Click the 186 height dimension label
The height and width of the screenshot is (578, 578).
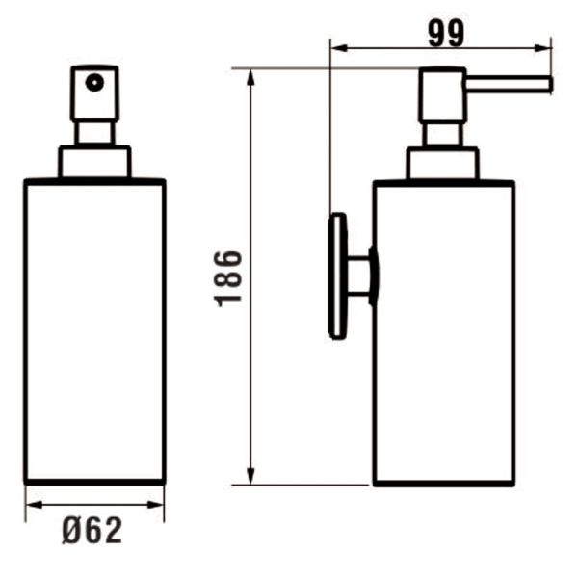coord(228,277)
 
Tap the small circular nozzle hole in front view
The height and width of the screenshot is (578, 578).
coord(93,83)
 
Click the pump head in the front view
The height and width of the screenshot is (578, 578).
coord(94,92)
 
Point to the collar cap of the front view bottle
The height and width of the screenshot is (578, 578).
coord(94,163)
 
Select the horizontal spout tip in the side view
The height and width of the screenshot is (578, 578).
coord(545,85)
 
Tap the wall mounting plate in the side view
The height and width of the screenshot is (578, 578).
coord(337,276)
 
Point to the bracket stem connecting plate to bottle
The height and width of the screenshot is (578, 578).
coord(359,276)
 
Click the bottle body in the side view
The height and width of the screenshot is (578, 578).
coord(443,332)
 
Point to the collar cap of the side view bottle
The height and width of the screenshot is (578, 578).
coord(442,164)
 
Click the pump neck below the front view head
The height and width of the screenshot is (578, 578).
coord(94,134)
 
